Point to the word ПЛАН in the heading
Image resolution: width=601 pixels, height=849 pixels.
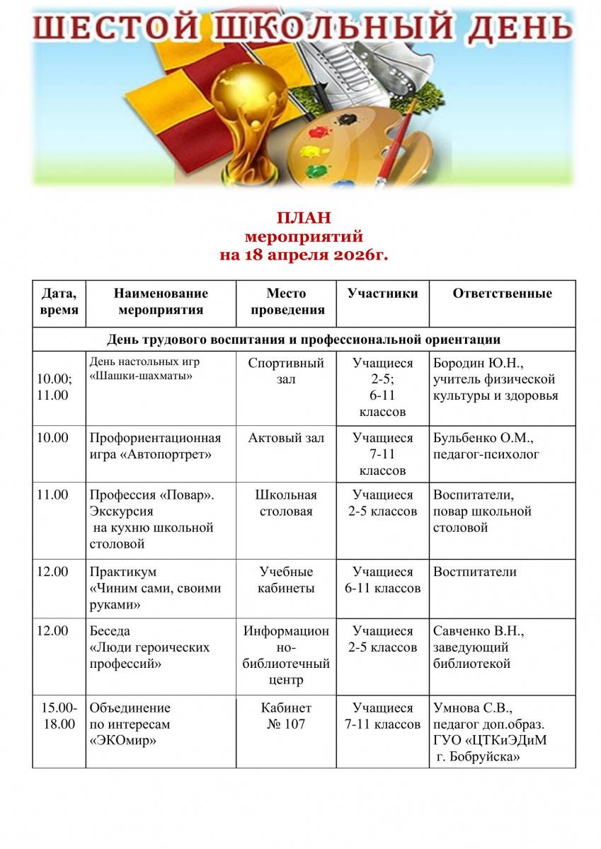click(x=304, y=218)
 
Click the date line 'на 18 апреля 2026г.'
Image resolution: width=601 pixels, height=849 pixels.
click(x=304, y=255)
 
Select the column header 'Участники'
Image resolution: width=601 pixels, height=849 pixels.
click(x=382, y=294)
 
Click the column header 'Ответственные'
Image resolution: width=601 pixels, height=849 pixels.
click(x=502, y=294)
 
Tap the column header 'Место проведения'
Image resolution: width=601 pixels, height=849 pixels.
click(x=286, y=301)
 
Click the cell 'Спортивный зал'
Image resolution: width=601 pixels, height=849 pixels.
click(x=286, y=371)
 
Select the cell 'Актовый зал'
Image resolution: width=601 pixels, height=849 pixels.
click(x=286, y=439)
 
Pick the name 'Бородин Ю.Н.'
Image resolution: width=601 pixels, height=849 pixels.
click(x=477, y=364)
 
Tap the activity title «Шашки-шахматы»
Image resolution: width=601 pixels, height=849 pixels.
click(x=142, y=376)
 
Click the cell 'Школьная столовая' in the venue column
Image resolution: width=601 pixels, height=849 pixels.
click(x=286, y=503)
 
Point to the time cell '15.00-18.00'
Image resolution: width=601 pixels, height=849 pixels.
click(x=59, y=716)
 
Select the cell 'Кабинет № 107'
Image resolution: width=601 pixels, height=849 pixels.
click(x=286, y=716)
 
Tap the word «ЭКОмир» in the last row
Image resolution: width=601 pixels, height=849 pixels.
click(x=123, y=741)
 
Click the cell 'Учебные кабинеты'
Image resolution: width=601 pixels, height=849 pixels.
click(x=286, y=580)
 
